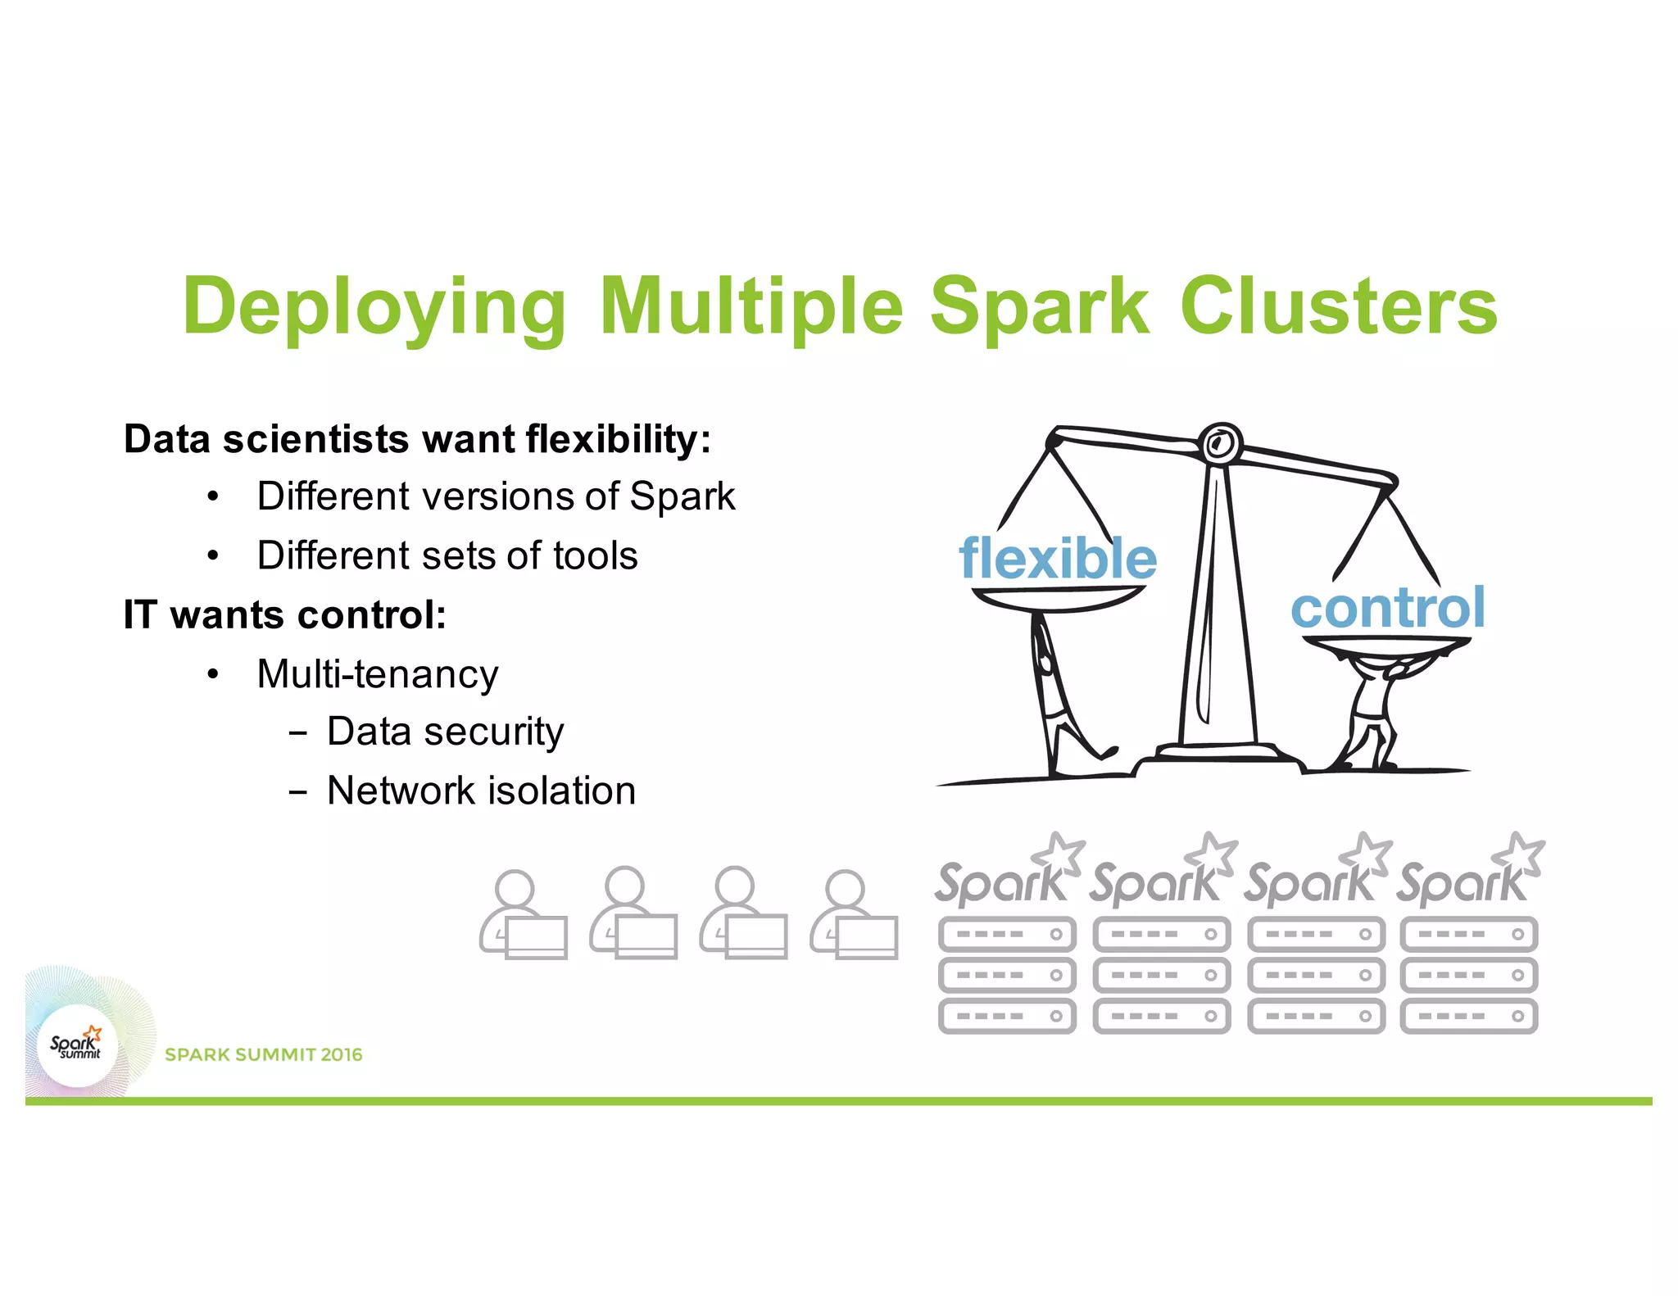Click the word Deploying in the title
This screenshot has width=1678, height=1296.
click(x=374, y=307)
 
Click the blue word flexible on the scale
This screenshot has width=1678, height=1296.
click(x=1058, y=559)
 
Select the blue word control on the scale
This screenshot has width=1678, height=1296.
click(x=1387, y=608)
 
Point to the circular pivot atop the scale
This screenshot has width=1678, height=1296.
click(x=1220, y=444)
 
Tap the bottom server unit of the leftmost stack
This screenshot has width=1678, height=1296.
click(x=1006, y=1016)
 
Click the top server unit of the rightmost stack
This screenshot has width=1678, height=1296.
click(x=1468, y=934)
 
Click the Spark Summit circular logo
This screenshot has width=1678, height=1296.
click(x=77, y=1045)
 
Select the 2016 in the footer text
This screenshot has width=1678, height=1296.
click(x=341, y=1054)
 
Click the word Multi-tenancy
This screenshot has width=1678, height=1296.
click(x=377, y=674)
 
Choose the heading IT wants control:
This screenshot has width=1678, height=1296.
click(x=284, y=614)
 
